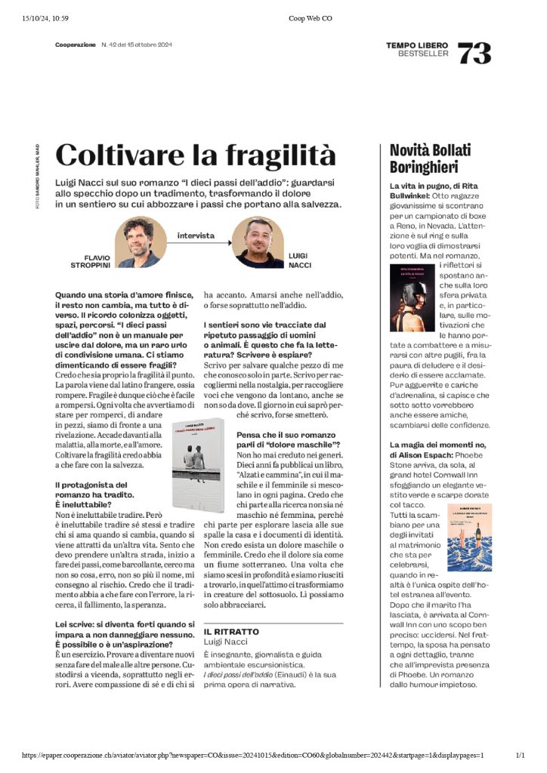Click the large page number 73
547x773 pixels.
click(x=474, y=52)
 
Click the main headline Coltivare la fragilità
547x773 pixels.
click(x=196, y=156)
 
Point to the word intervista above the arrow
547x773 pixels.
click(x=196, y=236)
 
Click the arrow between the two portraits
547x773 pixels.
click(x=196, y=243)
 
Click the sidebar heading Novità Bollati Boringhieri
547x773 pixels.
click(x=424, y=158)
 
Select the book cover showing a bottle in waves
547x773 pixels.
click(x=469, y=536)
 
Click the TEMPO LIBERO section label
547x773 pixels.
click(x=417, y=45)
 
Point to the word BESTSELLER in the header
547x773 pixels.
click(x=423, y=54)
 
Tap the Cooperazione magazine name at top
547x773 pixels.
click(x=76, y=45)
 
